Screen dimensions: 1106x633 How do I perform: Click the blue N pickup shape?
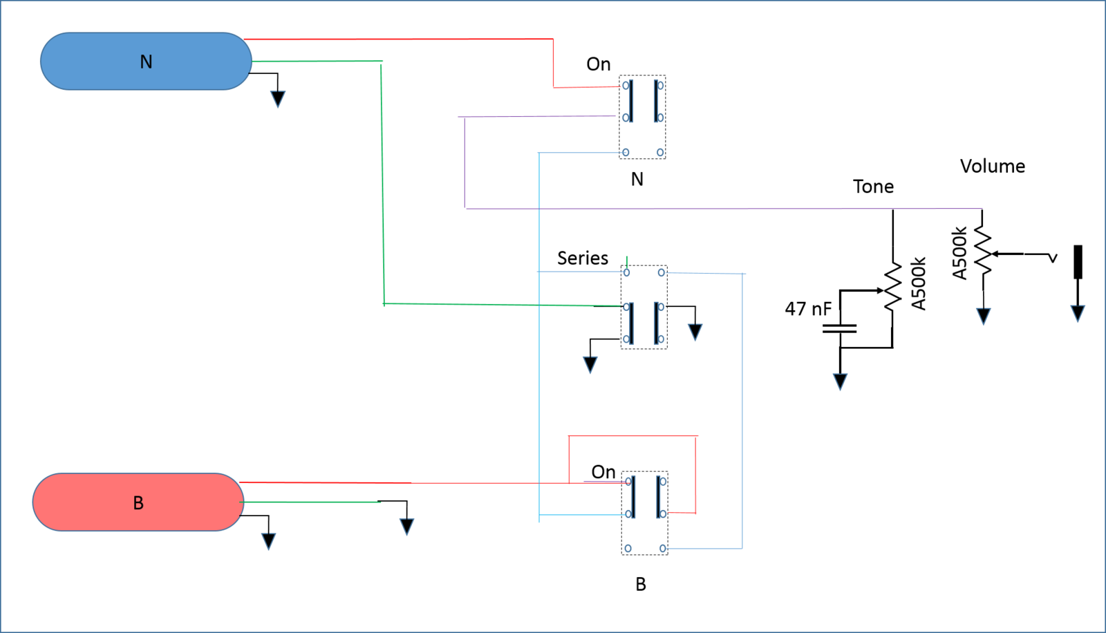146,62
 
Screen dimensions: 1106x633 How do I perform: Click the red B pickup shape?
138,502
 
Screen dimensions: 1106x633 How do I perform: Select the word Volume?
993,167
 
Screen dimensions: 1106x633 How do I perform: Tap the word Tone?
873,187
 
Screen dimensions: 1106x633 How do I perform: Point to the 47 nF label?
808,309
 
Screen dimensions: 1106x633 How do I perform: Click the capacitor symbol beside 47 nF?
839,328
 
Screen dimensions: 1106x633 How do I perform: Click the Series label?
583,258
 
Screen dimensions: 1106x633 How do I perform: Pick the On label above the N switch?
599,64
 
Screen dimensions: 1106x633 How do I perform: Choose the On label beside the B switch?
603,472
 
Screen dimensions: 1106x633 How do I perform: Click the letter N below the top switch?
637,179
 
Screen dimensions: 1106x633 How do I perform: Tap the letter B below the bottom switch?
640,585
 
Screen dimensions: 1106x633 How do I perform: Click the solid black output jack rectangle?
1078,262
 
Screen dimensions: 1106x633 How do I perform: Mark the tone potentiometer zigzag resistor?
892,286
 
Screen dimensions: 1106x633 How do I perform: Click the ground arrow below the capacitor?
840,381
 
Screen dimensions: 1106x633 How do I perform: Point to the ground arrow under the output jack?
1078,314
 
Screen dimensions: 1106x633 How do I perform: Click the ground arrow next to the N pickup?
278,100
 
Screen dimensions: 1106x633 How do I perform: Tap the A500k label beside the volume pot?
959,254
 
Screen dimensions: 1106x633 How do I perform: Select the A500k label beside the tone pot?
918,283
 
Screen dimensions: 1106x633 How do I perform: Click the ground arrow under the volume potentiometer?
983,316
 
